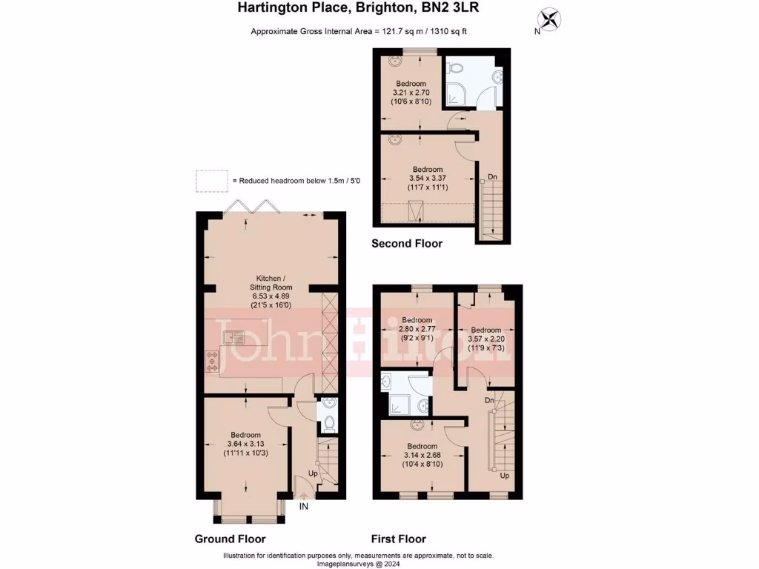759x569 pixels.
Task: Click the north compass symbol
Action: point(549,19)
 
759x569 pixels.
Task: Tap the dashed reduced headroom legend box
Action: point(212,181)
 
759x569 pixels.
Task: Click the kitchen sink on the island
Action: point(235,338)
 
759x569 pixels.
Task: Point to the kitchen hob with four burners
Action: point(213,361)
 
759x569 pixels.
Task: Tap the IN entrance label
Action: point(304,507)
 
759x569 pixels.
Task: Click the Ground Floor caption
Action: point(230,539)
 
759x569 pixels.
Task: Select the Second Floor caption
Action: point(406,243)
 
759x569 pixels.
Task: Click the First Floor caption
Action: point(399,539)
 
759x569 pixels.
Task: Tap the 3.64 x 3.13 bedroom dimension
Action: point(245,444)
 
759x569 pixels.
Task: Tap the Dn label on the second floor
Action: point(492,178)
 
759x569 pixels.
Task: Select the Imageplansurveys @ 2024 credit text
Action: point(359,563)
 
